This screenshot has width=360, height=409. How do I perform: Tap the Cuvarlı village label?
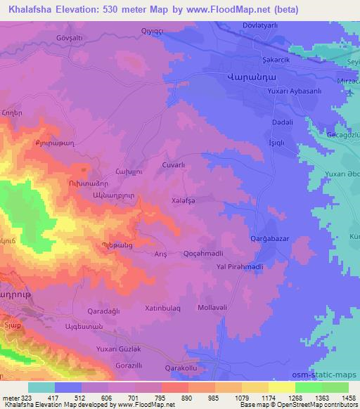point(173,164)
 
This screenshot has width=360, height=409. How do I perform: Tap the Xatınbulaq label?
point(163,308)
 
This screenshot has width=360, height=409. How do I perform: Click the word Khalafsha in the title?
point(35,9)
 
